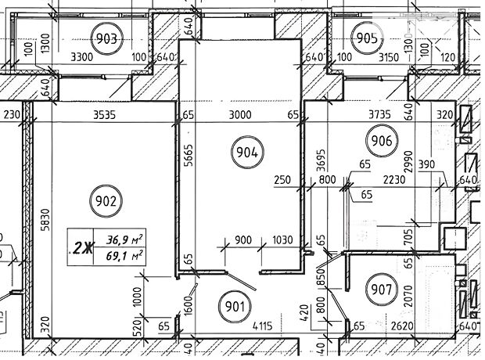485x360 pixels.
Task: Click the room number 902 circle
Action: [108, 201]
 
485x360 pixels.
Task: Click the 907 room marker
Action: [381, 290]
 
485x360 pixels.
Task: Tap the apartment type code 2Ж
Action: [81, 248]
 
